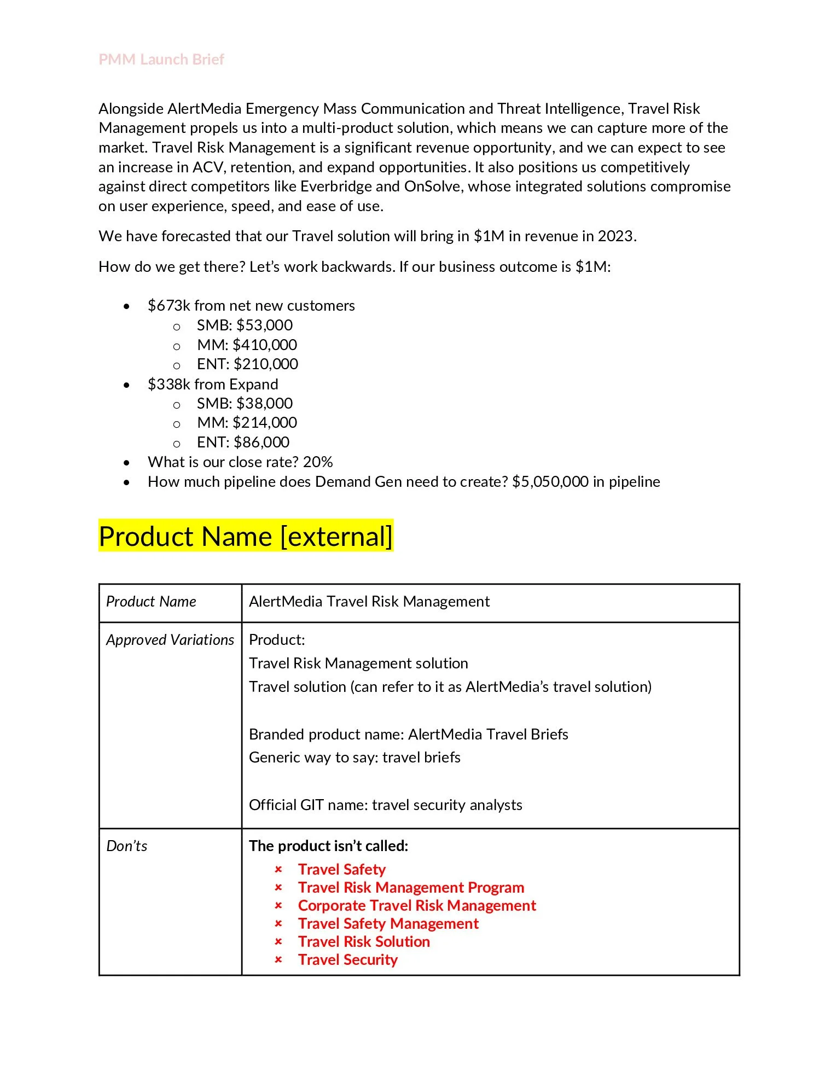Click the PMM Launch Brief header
tap(161, 59)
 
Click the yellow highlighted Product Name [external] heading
tap(246, 536)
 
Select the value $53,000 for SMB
tap(264, 325)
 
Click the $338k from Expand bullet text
tap(213, 384)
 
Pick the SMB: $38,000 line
tap(245, 403)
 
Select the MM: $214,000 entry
tap(247, 422)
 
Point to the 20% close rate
tap(318, 462)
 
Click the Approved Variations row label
tap(170, 639)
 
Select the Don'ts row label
tap(126, 846)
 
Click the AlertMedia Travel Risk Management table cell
tap(369, 601)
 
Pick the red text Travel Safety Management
tap(388, 923)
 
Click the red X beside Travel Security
tap(278, 959)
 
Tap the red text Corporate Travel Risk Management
tap(417, 905)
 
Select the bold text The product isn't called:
tap(328, 846)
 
